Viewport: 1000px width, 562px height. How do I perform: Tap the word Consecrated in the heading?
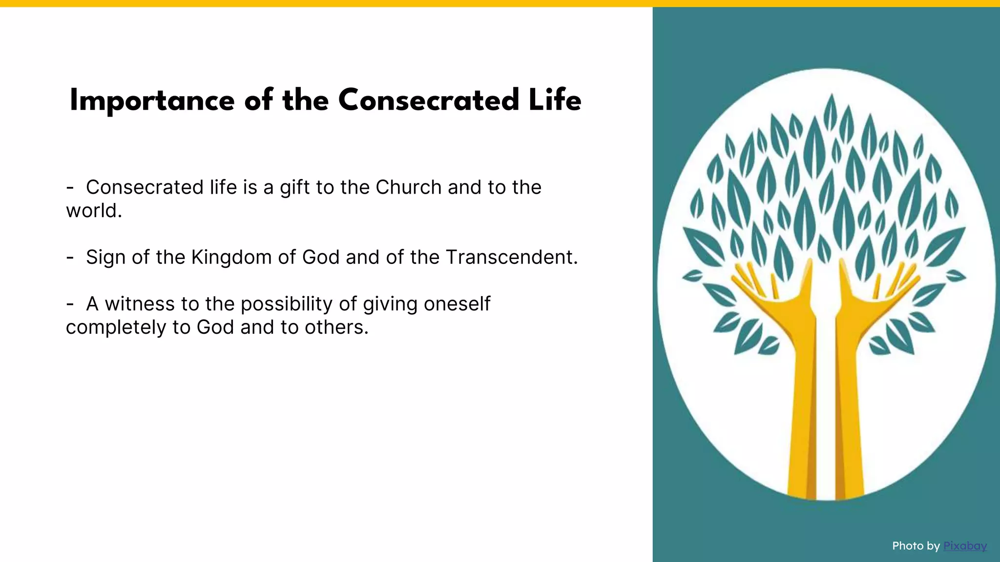click(428, 101)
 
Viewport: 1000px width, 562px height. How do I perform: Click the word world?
click(93, 211)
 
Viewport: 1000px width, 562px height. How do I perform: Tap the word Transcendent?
click(511, 257)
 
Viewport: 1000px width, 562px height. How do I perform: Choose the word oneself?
click(457, 304)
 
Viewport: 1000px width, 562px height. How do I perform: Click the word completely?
click(116, 327)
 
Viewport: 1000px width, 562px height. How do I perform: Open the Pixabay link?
click(965, 546)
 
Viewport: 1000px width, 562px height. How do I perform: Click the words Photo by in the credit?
click(916, 546)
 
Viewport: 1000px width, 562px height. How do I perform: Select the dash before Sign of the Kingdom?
click(70, 257)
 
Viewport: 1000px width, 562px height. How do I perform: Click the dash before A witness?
click(70, 304)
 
